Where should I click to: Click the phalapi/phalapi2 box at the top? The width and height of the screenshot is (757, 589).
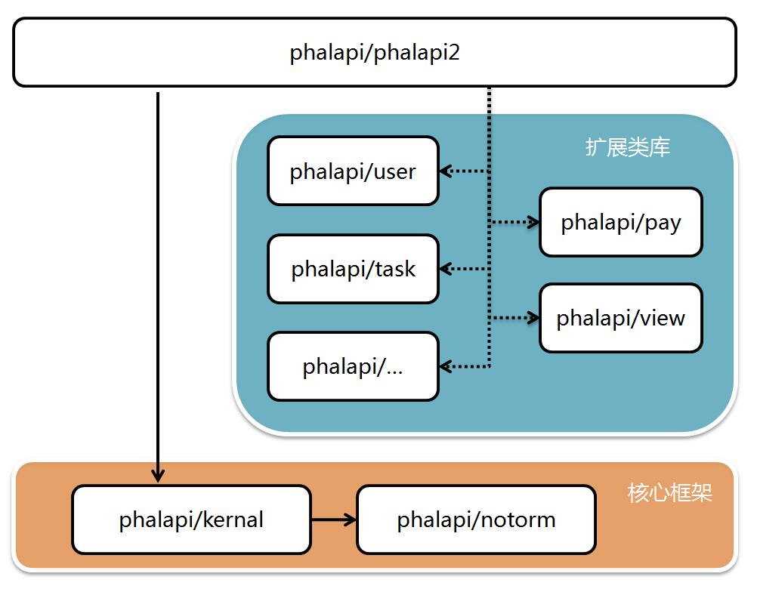375,52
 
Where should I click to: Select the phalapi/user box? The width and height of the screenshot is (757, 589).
353,171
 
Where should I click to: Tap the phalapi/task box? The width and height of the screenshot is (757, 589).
353,269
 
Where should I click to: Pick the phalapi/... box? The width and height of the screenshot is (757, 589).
353,366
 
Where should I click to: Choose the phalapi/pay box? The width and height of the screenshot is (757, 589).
621,222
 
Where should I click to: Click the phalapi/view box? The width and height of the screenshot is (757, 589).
621,318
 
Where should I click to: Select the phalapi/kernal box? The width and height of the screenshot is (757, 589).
191,520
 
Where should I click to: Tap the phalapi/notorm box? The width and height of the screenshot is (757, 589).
477,520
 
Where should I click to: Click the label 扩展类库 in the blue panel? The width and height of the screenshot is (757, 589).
628,147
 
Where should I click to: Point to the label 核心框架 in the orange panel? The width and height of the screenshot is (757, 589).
669,492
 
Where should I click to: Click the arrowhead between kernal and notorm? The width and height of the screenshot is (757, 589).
350,520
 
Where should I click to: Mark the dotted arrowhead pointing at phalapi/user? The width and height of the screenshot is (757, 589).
446,171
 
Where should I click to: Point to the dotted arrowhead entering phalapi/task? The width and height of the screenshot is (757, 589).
446,269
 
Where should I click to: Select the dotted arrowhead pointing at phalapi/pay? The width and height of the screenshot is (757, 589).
533,222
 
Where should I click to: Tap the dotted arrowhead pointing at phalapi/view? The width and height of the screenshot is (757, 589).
533,318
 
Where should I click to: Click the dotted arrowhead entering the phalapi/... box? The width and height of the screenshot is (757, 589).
446,367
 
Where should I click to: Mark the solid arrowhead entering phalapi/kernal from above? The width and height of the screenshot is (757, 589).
158,476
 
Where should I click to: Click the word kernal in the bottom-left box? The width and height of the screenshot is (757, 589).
233,520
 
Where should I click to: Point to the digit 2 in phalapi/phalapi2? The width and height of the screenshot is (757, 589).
453,52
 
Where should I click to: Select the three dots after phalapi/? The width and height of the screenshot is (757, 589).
394,372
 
